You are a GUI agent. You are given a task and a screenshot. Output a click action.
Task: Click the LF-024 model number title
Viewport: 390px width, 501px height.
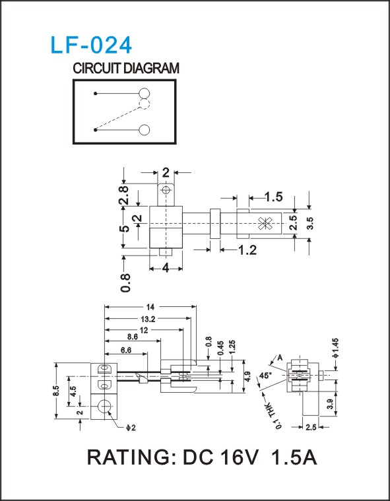[x=91, y=45]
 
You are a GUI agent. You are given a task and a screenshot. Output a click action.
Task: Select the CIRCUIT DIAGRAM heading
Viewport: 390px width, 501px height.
[x=126, y=69]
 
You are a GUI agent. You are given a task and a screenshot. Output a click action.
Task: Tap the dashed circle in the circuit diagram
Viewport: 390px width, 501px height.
[x=145, y=104]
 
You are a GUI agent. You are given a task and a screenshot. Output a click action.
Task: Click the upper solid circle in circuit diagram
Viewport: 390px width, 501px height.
[x=145, y=94]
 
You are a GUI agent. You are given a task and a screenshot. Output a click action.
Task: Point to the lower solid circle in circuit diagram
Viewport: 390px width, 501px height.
[x=145, y=130]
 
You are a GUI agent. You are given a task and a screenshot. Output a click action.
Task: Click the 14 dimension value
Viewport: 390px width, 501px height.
[x=150, y=307]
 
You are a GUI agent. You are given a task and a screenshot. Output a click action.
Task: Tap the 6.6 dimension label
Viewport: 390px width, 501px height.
[x=126, y=351]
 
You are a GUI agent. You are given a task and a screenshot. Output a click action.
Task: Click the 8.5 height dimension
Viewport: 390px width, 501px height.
[x=56, y=391]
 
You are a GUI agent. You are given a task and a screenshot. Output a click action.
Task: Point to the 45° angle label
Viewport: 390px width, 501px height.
[x=264, y=376]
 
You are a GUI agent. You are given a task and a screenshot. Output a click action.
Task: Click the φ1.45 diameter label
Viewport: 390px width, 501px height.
[x=335, y=348]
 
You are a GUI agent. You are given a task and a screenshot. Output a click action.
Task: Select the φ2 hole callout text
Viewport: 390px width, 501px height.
[x=131, y=428]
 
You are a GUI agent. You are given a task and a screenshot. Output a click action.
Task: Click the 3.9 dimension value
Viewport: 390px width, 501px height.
[x=331, y=405]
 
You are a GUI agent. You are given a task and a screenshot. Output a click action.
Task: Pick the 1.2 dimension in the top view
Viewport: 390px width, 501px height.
[x=247, y=250]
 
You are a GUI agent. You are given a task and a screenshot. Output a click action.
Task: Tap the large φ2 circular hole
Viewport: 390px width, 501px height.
[x=103, y=407]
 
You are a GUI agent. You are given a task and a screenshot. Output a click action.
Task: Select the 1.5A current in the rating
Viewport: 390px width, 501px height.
[x=294, y=457]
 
